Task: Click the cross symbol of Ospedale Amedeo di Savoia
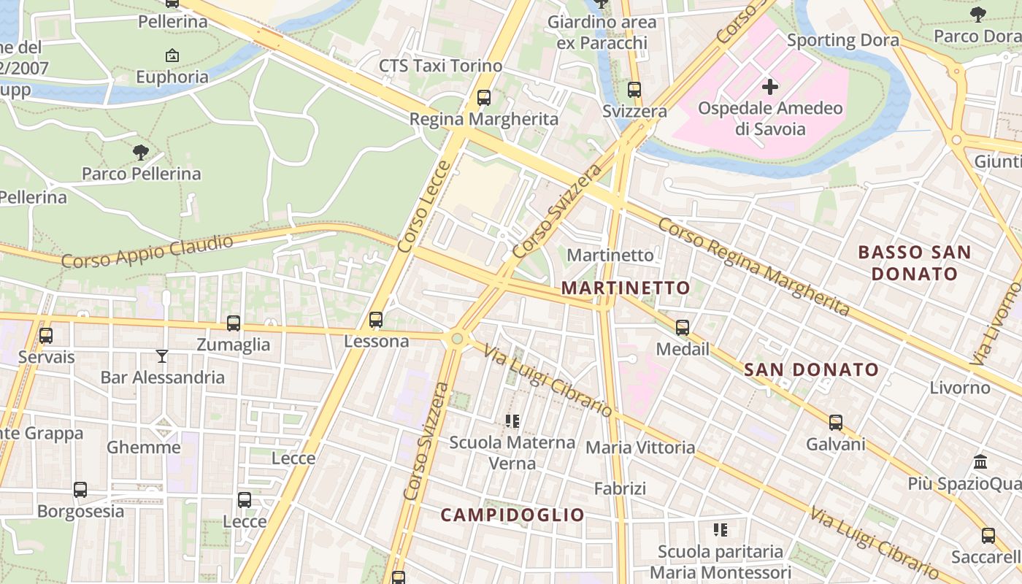pos(770,88)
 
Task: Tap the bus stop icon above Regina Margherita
pos(483,98)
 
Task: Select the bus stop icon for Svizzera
pos(634,90)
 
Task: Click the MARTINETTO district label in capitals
pos(626,288)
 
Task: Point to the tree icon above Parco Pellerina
pos(141,153)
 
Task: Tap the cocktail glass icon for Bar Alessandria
pos(162,356)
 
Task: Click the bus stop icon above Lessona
pos(376,320)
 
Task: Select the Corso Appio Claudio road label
pos(147,251)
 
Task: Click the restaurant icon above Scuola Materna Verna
pos(512,421)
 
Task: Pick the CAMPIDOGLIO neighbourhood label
pos(512,515)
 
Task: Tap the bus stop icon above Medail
pos(683,328)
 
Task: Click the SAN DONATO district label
pos(811,369)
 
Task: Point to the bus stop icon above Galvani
pos(836,423)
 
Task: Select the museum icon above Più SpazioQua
pos(981,462)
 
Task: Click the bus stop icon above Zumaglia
pos(234,323)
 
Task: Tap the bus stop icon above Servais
pos(46,336)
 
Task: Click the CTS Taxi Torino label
pos(440,66)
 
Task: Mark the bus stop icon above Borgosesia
pos(80,490)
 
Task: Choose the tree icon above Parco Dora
pos(977,15)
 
